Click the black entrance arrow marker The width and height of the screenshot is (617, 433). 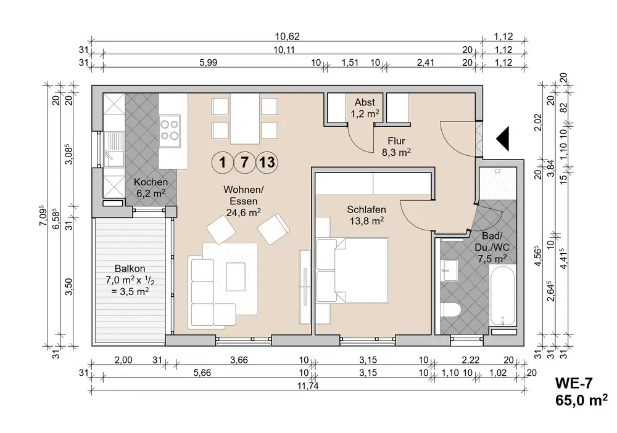[503, 139]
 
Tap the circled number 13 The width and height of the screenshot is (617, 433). [267, 162]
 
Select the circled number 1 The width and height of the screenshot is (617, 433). [223, 162]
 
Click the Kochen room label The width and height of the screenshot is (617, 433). [151, 188]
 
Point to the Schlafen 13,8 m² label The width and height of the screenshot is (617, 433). [366, 216]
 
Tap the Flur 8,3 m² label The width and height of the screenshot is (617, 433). [396, 147]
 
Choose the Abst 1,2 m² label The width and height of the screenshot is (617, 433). [365, 108]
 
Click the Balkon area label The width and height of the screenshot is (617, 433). [130, 280]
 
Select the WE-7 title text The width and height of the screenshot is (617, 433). [573, 382]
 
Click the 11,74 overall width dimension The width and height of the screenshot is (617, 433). [308, 386]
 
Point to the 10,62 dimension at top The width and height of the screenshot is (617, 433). [288, 36]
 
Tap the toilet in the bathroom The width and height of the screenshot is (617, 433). [450, 310]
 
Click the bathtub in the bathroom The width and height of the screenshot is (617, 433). [502, 295]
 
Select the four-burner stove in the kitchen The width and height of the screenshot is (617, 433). [170, 131]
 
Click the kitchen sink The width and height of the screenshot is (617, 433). [114, 148]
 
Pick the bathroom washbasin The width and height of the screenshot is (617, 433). [449, 270]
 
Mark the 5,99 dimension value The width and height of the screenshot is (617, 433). [208, 62]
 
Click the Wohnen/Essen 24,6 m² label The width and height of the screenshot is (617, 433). [244, 201]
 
